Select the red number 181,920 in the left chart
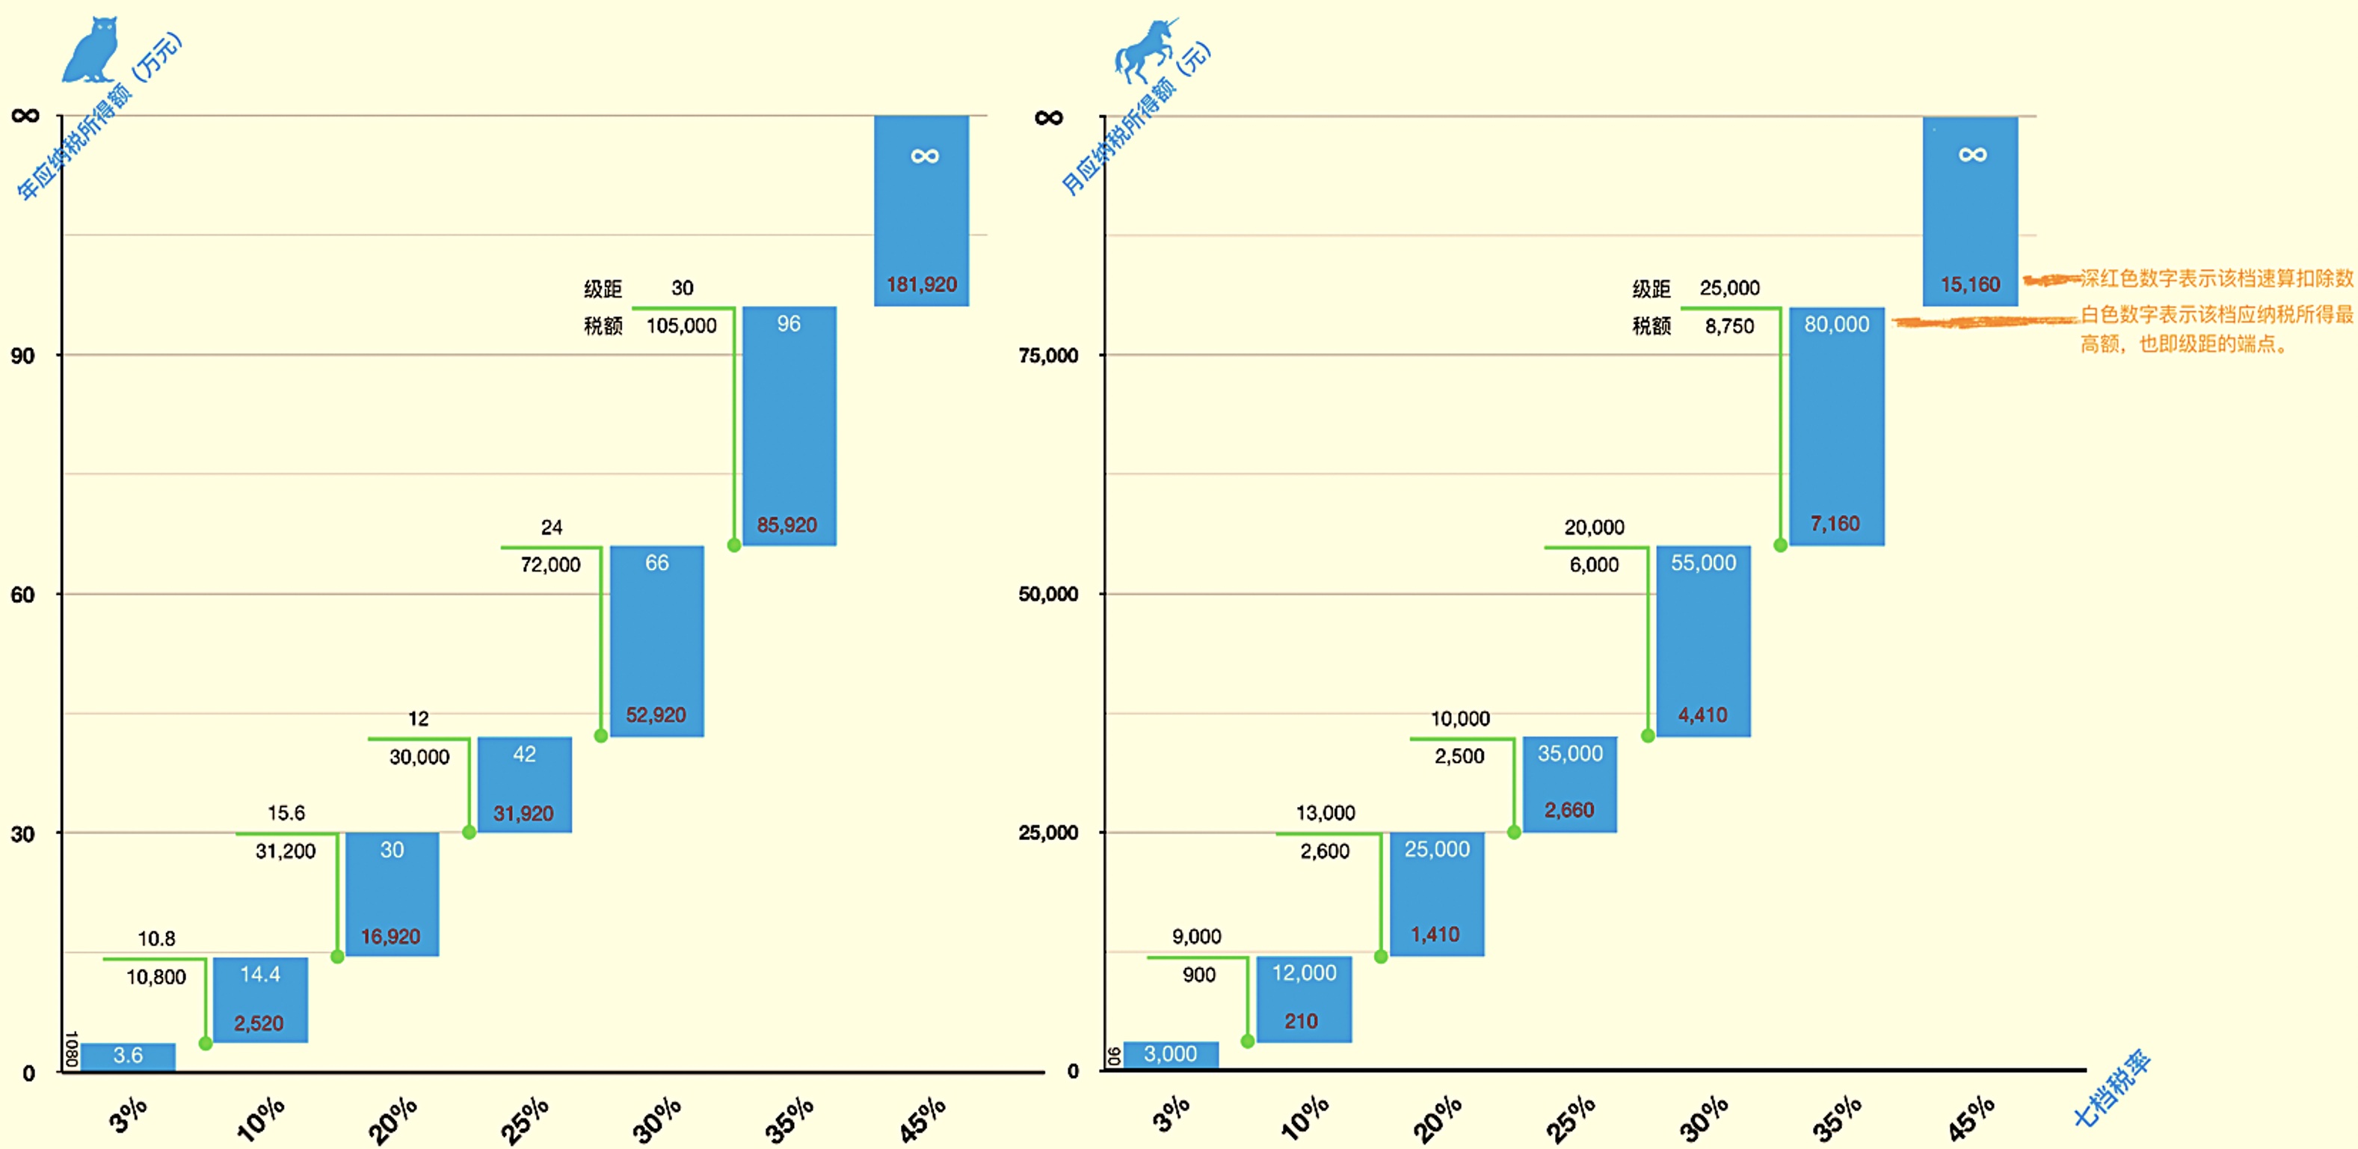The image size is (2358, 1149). point(921,285)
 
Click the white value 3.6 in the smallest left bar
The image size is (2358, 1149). point(128,1055)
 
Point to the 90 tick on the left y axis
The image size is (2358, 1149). point(23,356)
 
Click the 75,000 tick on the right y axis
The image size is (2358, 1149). point(1048,356)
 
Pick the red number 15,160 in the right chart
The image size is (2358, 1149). point(1970,285)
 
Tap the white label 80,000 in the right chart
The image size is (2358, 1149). point(1836,324)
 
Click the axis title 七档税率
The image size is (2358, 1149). point(2111,1089)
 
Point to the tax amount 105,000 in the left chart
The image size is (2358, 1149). point(681,326)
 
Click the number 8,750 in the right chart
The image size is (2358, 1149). point(1729,326)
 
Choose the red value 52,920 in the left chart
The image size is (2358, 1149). point(656,715)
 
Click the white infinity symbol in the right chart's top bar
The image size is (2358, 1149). point(1973,155)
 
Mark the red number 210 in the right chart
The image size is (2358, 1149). point(1301,1021)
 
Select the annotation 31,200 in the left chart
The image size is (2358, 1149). point(286,851)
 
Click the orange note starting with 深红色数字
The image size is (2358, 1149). point(2215,278)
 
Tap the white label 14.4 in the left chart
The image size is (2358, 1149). point(260,974)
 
